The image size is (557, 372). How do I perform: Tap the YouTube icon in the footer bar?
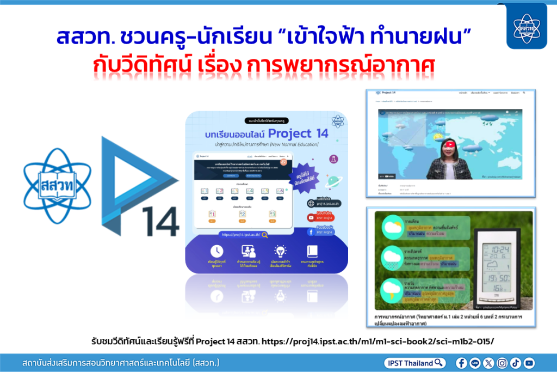[x=529, y=363]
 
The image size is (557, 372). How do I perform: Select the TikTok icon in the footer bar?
[x=516, y=363]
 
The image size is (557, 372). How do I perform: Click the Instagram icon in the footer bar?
[x=502, y=363]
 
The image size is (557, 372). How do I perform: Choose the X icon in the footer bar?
[x=488, y=363]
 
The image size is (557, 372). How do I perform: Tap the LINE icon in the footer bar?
[x=475, y=363]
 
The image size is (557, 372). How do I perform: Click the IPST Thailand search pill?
[x=415, y=363]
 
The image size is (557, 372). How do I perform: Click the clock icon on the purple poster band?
[x=216, y=252]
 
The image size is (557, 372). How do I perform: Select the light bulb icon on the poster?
[x=281, y=252]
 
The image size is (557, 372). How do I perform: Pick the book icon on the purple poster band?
[x=312, y=252]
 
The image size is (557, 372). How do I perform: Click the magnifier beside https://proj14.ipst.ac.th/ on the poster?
[x=264, y=235]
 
